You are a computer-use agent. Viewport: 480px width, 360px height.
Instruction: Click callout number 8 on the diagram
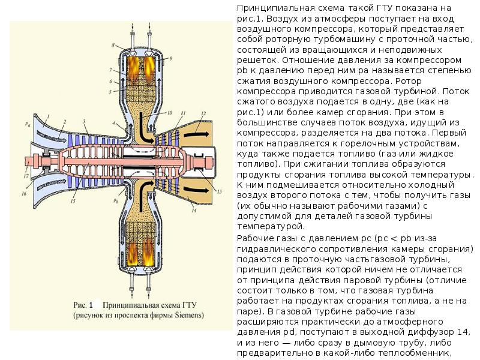113,46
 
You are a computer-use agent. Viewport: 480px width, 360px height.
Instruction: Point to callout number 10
170,113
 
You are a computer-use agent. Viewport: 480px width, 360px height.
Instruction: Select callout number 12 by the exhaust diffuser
203,113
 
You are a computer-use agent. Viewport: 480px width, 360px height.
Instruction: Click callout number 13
220,191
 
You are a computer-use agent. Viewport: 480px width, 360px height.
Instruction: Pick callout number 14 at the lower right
194,212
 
